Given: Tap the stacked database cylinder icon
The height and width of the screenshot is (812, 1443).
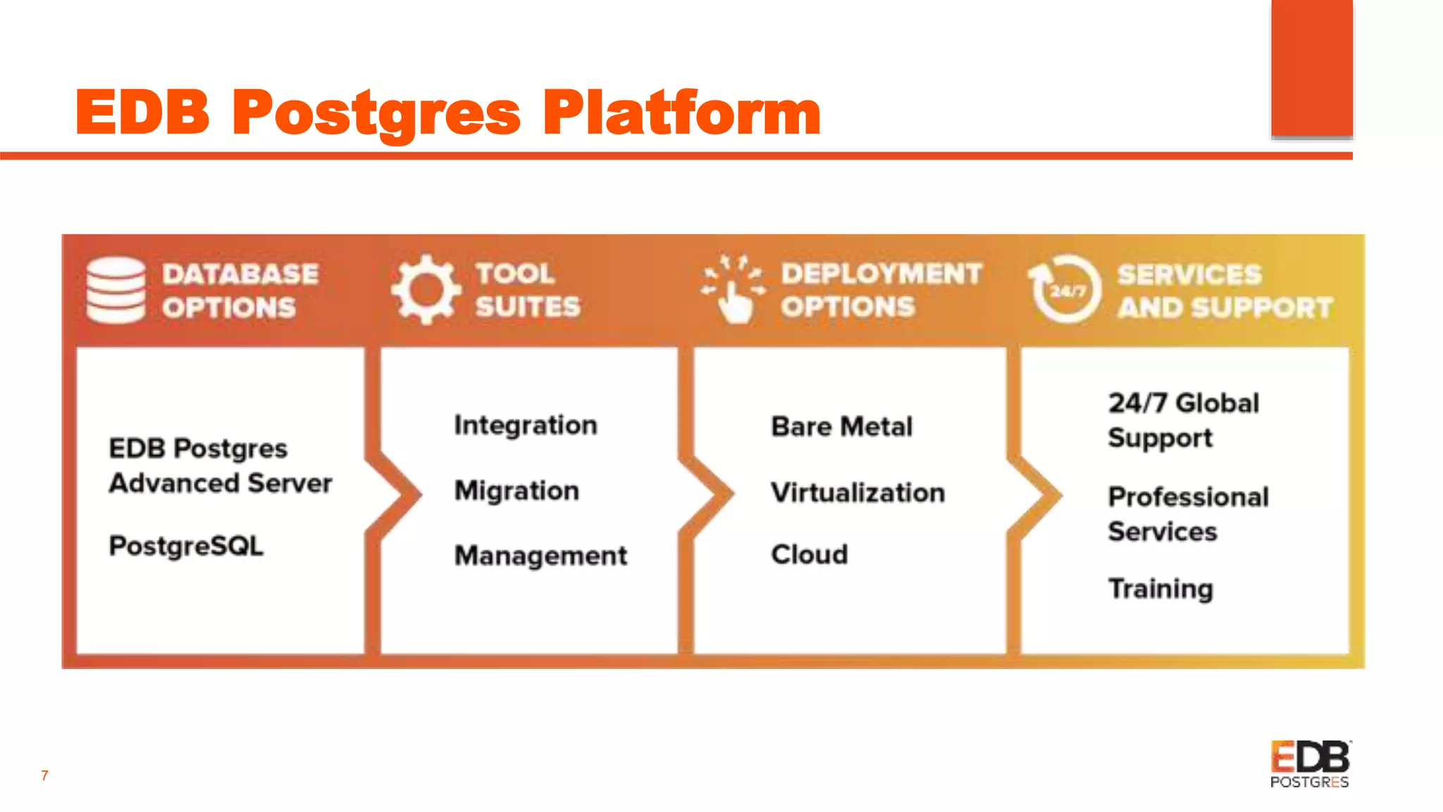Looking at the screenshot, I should [x=116, y=290].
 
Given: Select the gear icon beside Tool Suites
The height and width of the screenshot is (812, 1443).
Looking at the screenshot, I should [x=426, y=290].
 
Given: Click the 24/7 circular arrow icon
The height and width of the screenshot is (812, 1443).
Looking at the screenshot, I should [x=1065, y=289].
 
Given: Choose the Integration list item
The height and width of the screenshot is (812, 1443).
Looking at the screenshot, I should [x=526, y=425].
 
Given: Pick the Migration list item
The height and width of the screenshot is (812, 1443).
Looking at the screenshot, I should [x=516, y=491].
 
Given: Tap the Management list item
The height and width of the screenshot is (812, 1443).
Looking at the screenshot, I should [x=540, y=555].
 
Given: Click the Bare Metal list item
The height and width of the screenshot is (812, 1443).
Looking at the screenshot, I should [x=842, y=426].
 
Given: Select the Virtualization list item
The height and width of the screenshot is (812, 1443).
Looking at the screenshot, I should [x=857, y=493].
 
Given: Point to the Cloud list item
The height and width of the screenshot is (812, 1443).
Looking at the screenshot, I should [x=810, y=555].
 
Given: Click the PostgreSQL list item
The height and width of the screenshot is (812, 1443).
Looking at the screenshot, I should [x=186, y=546].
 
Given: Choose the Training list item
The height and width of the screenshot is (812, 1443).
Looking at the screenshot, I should [x=1160, y=589].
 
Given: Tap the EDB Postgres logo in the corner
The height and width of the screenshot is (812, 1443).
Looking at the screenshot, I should [x=1310, y=763].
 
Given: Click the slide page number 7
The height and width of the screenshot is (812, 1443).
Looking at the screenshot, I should [x=44, y=775].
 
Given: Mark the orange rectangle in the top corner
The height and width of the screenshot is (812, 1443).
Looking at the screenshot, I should [x=1312, y=68].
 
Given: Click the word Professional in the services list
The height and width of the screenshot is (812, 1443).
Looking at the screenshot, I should [x=1188, y=497].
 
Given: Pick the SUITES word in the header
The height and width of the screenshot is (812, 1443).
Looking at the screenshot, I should [x=528, y=307].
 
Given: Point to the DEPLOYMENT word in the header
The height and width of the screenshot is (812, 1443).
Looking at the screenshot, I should [x=881, y=273].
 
